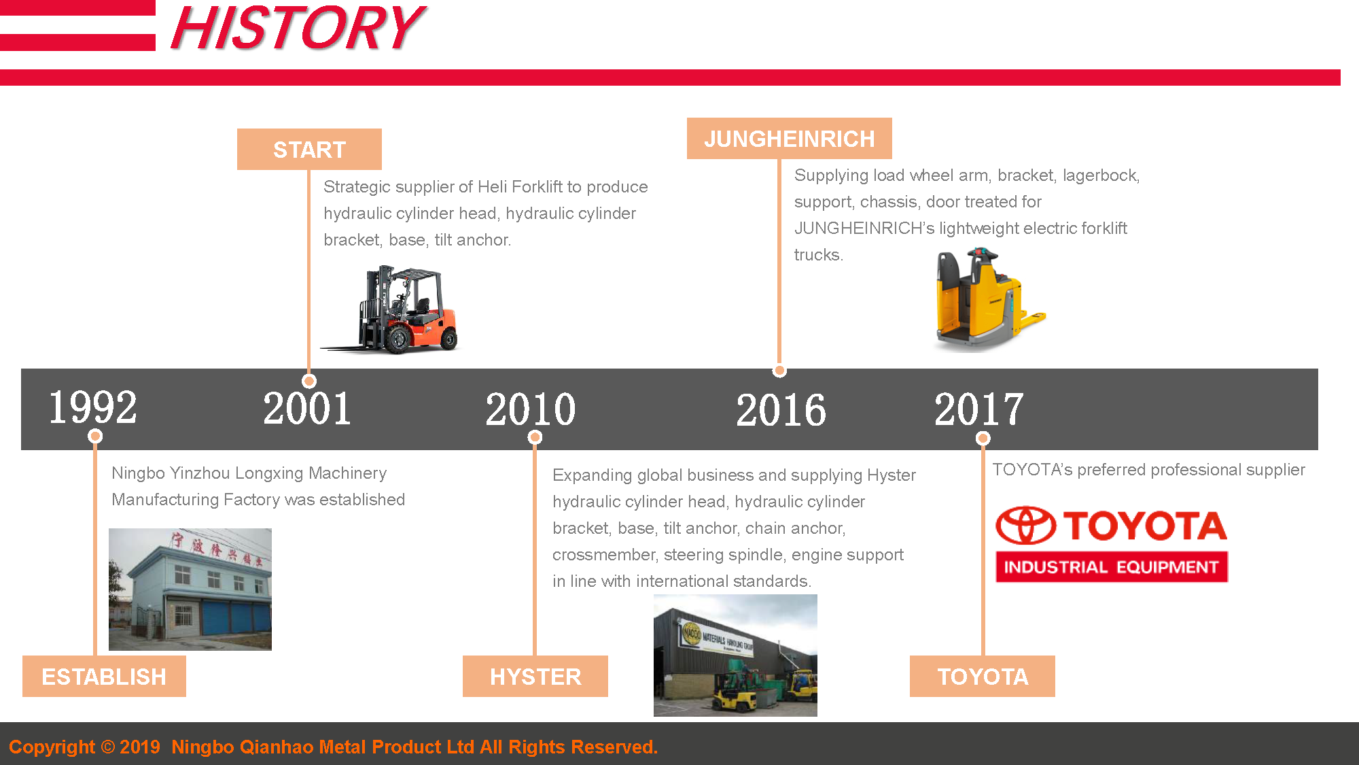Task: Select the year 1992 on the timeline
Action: tap(92, 408)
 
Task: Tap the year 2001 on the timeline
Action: tap(307, 409)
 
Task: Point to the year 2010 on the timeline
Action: tap(531, 409)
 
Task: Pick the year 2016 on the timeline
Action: tap(781, 410)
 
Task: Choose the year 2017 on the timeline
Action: tap(978, 409)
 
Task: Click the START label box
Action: tap(309, 150)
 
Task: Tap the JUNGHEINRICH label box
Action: tap(789, 139)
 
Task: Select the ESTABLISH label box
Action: tap(104, 677)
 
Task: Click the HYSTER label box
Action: tap(535, 677)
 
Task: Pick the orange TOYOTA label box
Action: tap(983, 677)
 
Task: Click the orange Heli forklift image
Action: tap(394, 310)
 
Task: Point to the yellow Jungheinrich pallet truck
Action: tap(985, 299)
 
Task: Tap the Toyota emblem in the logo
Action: tap(1025, 526)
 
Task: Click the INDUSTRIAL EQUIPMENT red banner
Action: tap(1112, 567)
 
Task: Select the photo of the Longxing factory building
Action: tap(190, 590)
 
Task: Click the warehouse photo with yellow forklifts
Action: tap(735, 656)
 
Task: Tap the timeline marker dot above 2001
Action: tap(309, 381)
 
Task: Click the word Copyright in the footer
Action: tap(52, 747)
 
